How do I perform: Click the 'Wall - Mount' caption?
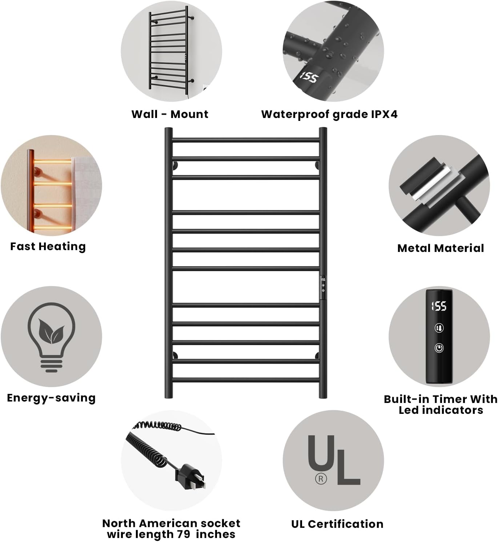point(170,114)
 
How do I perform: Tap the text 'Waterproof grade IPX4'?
point(329,114)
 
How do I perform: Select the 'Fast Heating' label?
point(48,246)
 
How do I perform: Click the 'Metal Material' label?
point(441,248)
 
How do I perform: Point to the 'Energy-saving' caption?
point(51,398)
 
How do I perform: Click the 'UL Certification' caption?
point(337,524)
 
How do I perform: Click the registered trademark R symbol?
point(321,479)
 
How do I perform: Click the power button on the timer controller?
point(439,348)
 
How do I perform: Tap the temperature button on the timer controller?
point(439,328)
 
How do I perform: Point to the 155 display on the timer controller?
point(439,306)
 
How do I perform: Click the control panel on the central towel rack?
point(323,287)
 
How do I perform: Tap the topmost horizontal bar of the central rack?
point(246,140)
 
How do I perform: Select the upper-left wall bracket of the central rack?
point(175,166)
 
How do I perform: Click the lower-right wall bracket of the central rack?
point(317,355)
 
